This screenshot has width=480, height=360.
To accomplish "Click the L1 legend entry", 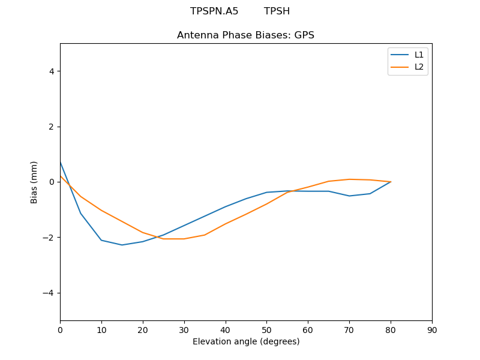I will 419,55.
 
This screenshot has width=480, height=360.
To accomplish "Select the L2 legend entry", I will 419,67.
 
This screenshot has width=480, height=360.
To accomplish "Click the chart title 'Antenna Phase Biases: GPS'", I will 245,35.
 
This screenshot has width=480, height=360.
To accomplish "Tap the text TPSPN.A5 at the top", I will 214,11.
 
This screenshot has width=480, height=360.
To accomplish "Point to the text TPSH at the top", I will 277,11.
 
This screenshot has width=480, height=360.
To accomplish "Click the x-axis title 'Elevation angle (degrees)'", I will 246,342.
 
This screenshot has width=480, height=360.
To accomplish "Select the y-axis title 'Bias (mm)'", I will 34,182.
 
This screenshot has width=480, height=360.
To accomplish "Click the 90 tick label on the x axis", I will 432,330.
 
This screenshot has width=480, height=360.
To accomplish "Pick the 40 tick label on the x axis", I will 225,330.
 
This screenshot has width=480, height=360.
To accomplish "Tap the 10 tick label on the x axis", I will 101,330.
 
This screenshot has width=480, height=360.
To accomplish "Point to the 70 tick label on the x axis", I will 349,330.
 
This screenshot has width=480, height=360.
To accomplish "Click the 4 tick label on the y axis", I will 52,71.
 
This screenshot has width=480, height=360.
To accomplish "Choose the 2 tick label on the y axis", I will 52,127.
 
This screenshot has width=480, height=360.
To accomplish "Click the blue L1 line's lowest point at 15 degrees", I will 122,245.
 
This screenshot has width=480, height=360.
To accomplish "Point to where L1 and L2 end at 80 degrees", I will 391,182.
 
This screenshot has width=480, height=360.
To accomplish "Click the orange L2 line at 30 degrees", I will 184,239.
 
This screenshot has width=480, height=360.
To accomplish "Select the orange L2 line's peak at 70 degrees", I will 349,179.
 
